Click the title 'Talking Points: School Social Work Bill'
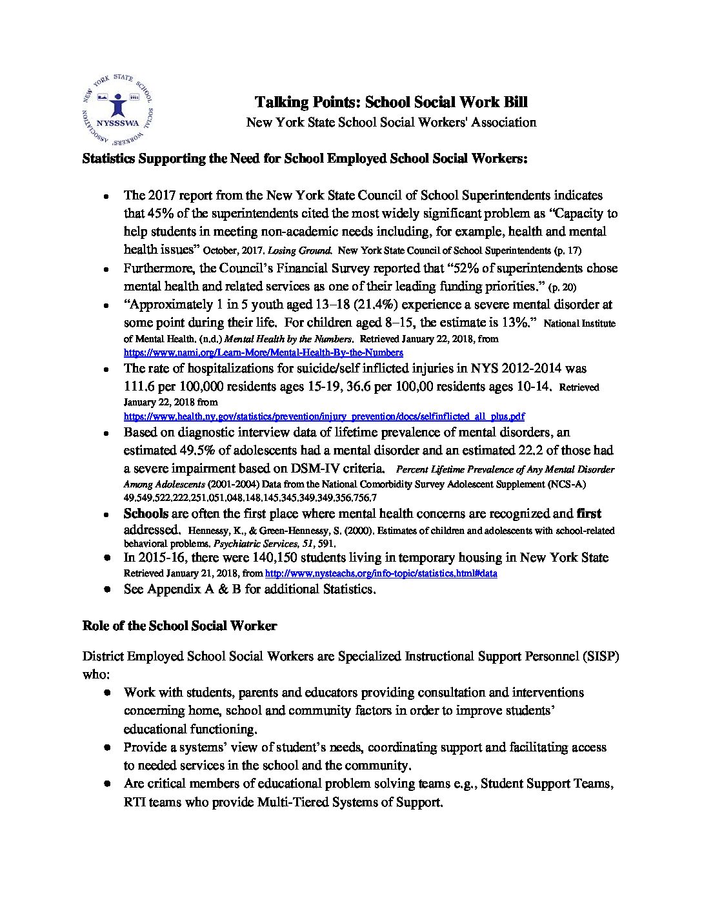click(x=391, y=102)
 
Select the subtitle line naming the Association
click(x=391, y=122)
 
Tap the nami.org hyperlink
click(x=263, y=352)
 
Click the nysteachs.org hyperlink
click(x=381, y=573)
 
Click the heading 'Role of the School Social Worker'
click(x=179, y=626)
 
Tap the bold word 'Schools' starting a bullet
click(x=146, y=514)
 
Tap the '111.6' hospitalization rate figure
click(x=140, y=386)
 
